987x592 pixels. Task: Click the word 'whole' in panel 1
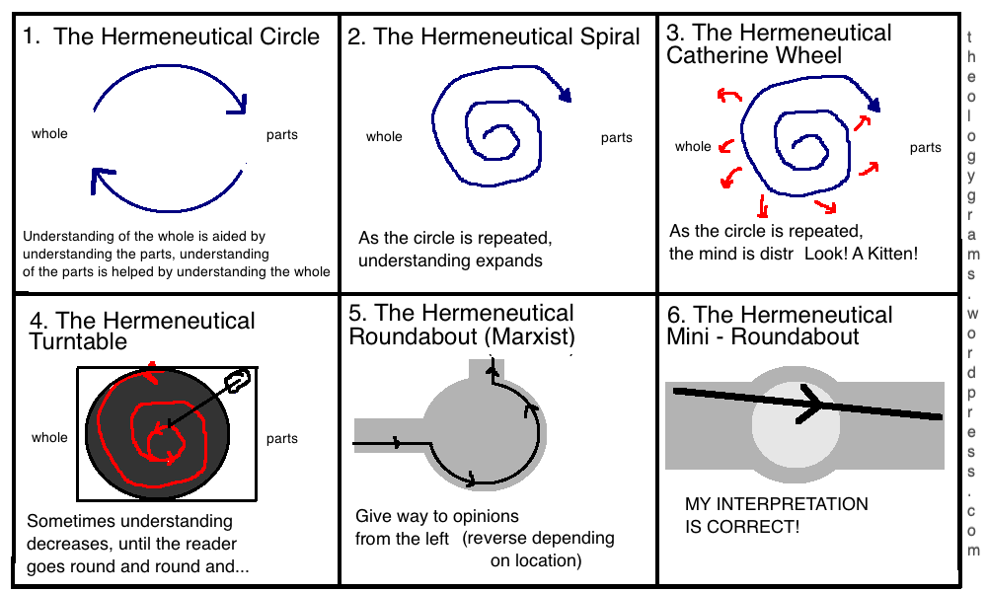(x=49, y=133)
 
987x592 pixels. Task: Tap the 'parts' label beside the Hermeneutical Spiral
(x=617, y=138)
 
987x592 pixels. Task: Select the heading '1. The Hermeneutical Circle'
(x=172, y=37)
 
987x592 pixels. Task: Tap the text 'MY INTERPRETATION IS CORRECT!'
(x=777, y=515)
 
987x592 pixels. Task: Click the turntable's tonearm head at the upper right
(x=238, y=381)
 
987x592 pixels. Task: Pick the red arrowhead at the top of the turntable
(x=149, y=371)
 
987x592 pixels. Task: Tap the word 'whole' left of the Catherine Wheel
(x=693, y=147)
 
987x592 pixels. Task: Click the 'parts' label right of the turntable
(x=282, y=439)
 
